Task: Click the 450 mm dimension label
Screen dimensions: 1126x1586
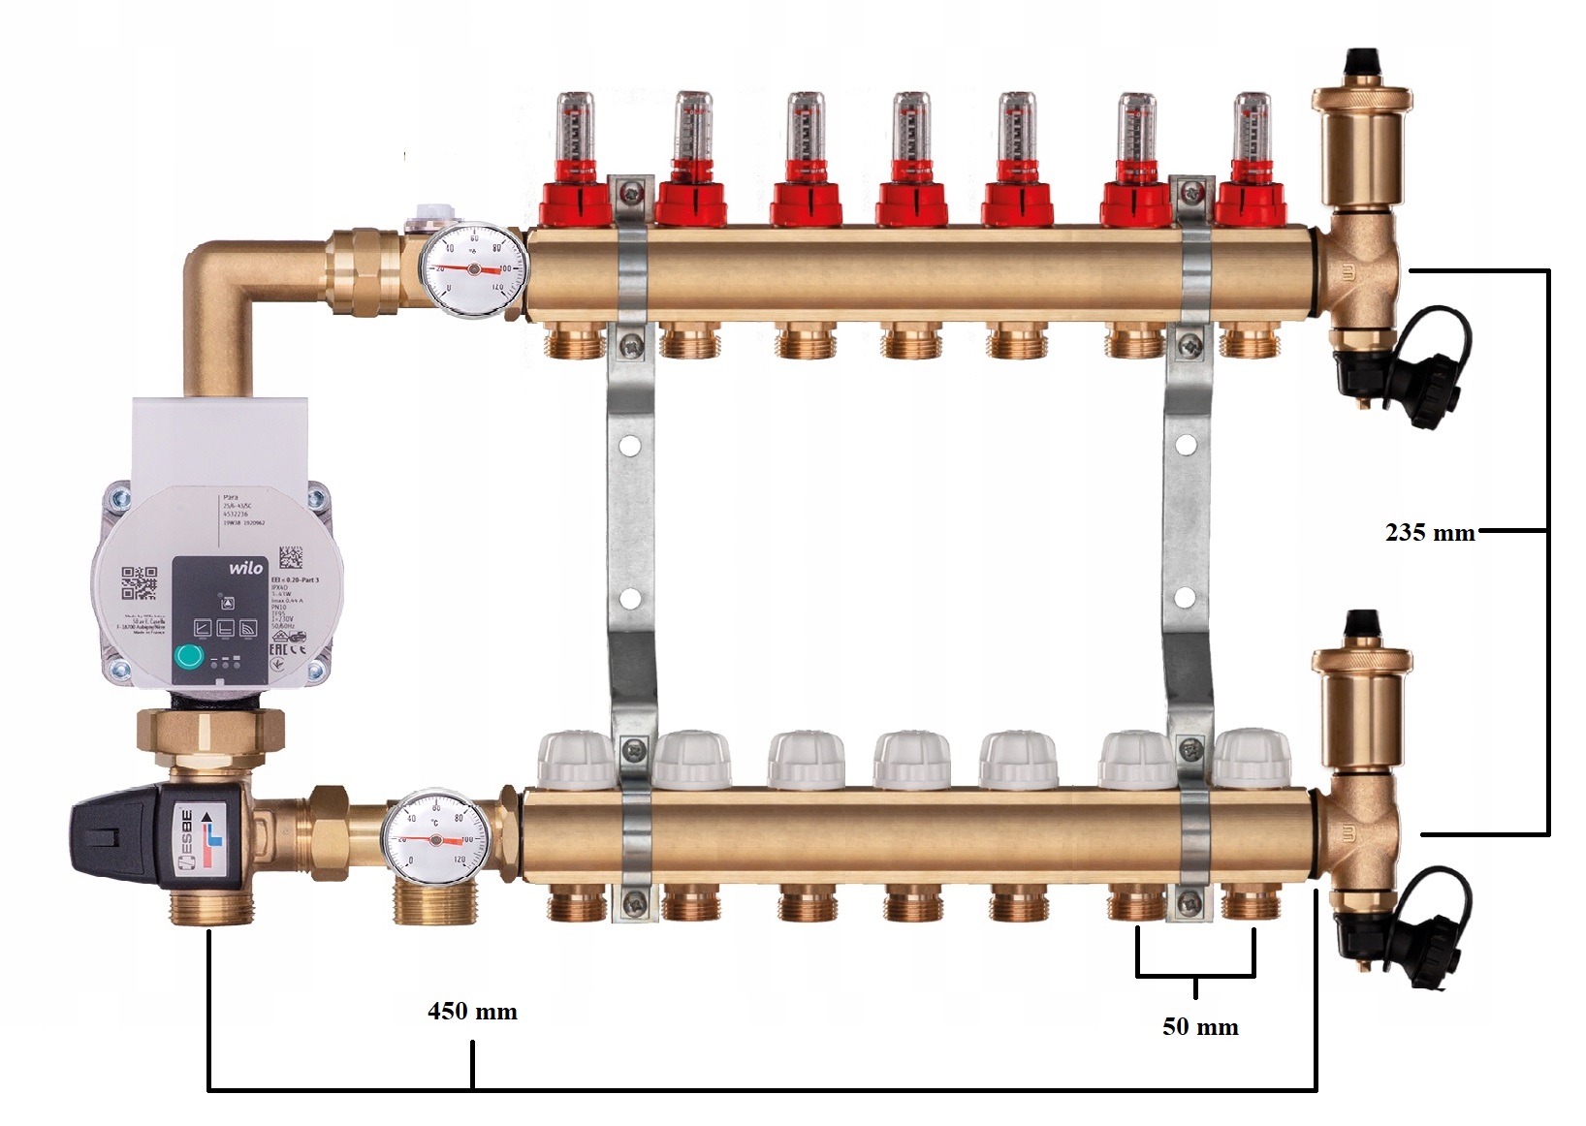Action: (472, 1012)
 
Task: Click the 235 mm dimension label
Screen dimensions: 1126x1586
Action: (1430, 532)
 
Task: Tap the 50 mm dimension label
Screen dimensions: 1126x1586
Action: (1200, 1027)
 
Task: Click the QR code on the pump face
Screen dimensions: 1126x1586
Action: (139, 583)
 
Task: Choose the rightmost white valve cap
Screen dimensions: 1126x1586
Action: (1251, 758)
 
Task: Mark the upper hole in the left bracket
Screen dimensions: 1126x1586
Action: (630, 448)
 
